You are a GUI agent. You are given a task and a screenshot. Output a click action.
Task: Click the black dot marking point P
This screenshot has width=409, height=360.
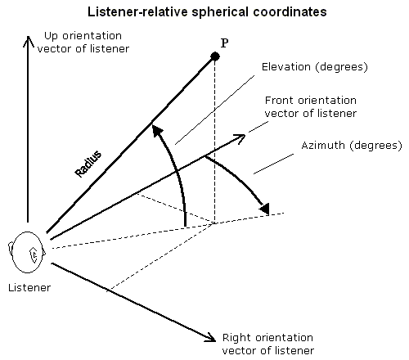coord(215,56)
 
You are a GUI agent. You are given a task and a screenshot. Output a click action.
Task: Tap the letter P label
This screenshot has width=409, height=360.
coord(224,43)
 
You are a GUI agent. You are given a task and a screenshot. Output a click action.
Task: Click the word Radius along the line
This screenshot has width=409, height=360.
coord(88,164)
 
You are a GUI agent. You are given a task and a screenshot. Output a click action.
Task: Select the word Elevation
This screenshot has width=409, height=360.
coord(286,67)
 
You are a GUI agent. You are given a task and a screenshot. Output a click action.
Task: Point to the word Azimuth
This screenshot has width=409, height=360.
coord(323,145)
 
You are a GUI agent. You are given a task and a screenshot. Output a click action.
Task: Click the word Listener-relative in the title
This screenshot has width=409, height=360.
coord(137,12)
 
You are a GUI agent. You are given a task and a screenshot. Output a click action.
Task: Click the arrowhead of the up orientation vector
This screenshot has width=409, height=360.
coord(28,41)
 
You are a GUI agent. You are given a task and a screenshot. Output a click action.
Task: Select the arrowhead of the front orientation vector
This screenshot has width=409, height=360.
coord(240,138)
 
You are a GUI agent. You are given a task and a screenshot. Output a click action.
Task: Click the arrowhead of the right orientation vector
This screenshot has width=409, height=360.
coord(210,338)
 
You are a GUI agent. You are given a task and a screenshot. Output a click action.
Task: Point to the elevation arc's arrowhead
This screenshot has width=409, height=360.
coord(157,130)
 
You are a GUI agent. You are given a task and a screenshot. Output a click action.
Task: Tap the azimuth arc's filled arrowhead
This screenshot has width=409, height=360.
coord(264,209)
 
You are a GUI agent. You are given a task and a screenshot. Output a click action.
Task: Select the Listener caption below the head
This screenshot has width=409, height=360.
coord(29,288)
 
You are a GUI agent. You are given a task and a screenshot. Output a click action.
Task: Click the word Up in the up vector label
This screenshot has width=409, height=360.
coord(49,36)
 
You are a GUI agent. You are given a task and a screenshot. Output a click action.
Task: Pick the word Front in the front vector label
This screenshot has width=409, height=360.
coord(280,101)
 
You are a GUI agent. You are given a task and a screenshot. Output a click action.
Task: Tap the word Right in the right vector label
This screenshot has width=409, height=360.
coord(237,338)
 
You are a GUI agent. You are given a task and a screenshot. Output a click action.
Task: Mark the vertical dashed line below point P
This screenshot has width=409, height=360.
coord(215,142)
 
